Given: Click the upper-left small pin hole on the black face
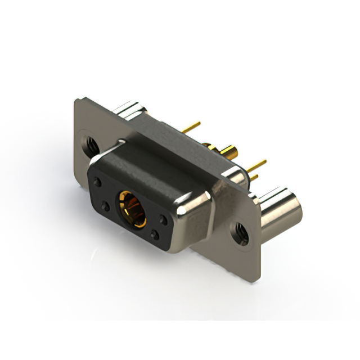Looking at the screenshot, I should [x=98, y=183].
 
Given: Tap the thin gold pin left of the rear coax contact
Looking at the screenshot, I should [x=191, y=127].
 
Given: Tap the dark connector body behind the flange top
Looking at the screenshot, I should [x=174, y=135].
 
